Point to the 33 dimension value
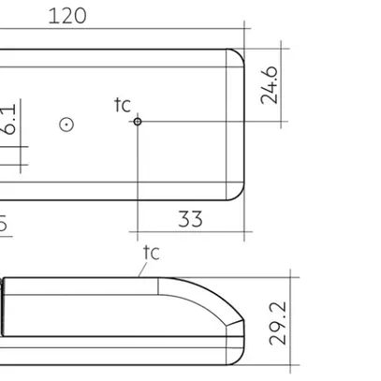[x=190, y=220]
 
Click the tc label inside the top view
[x=123, y=105]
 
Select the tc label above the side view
[x=151, y=253]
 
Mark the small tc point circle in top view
[x=137, y=121]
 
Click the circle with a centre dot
[x=66, y=123]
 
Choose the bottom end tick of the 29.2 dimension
[x=292, y=368]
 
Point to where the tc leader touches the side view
[x=139, y=278]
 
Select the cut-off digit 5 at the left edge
[x=3, y=224]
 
